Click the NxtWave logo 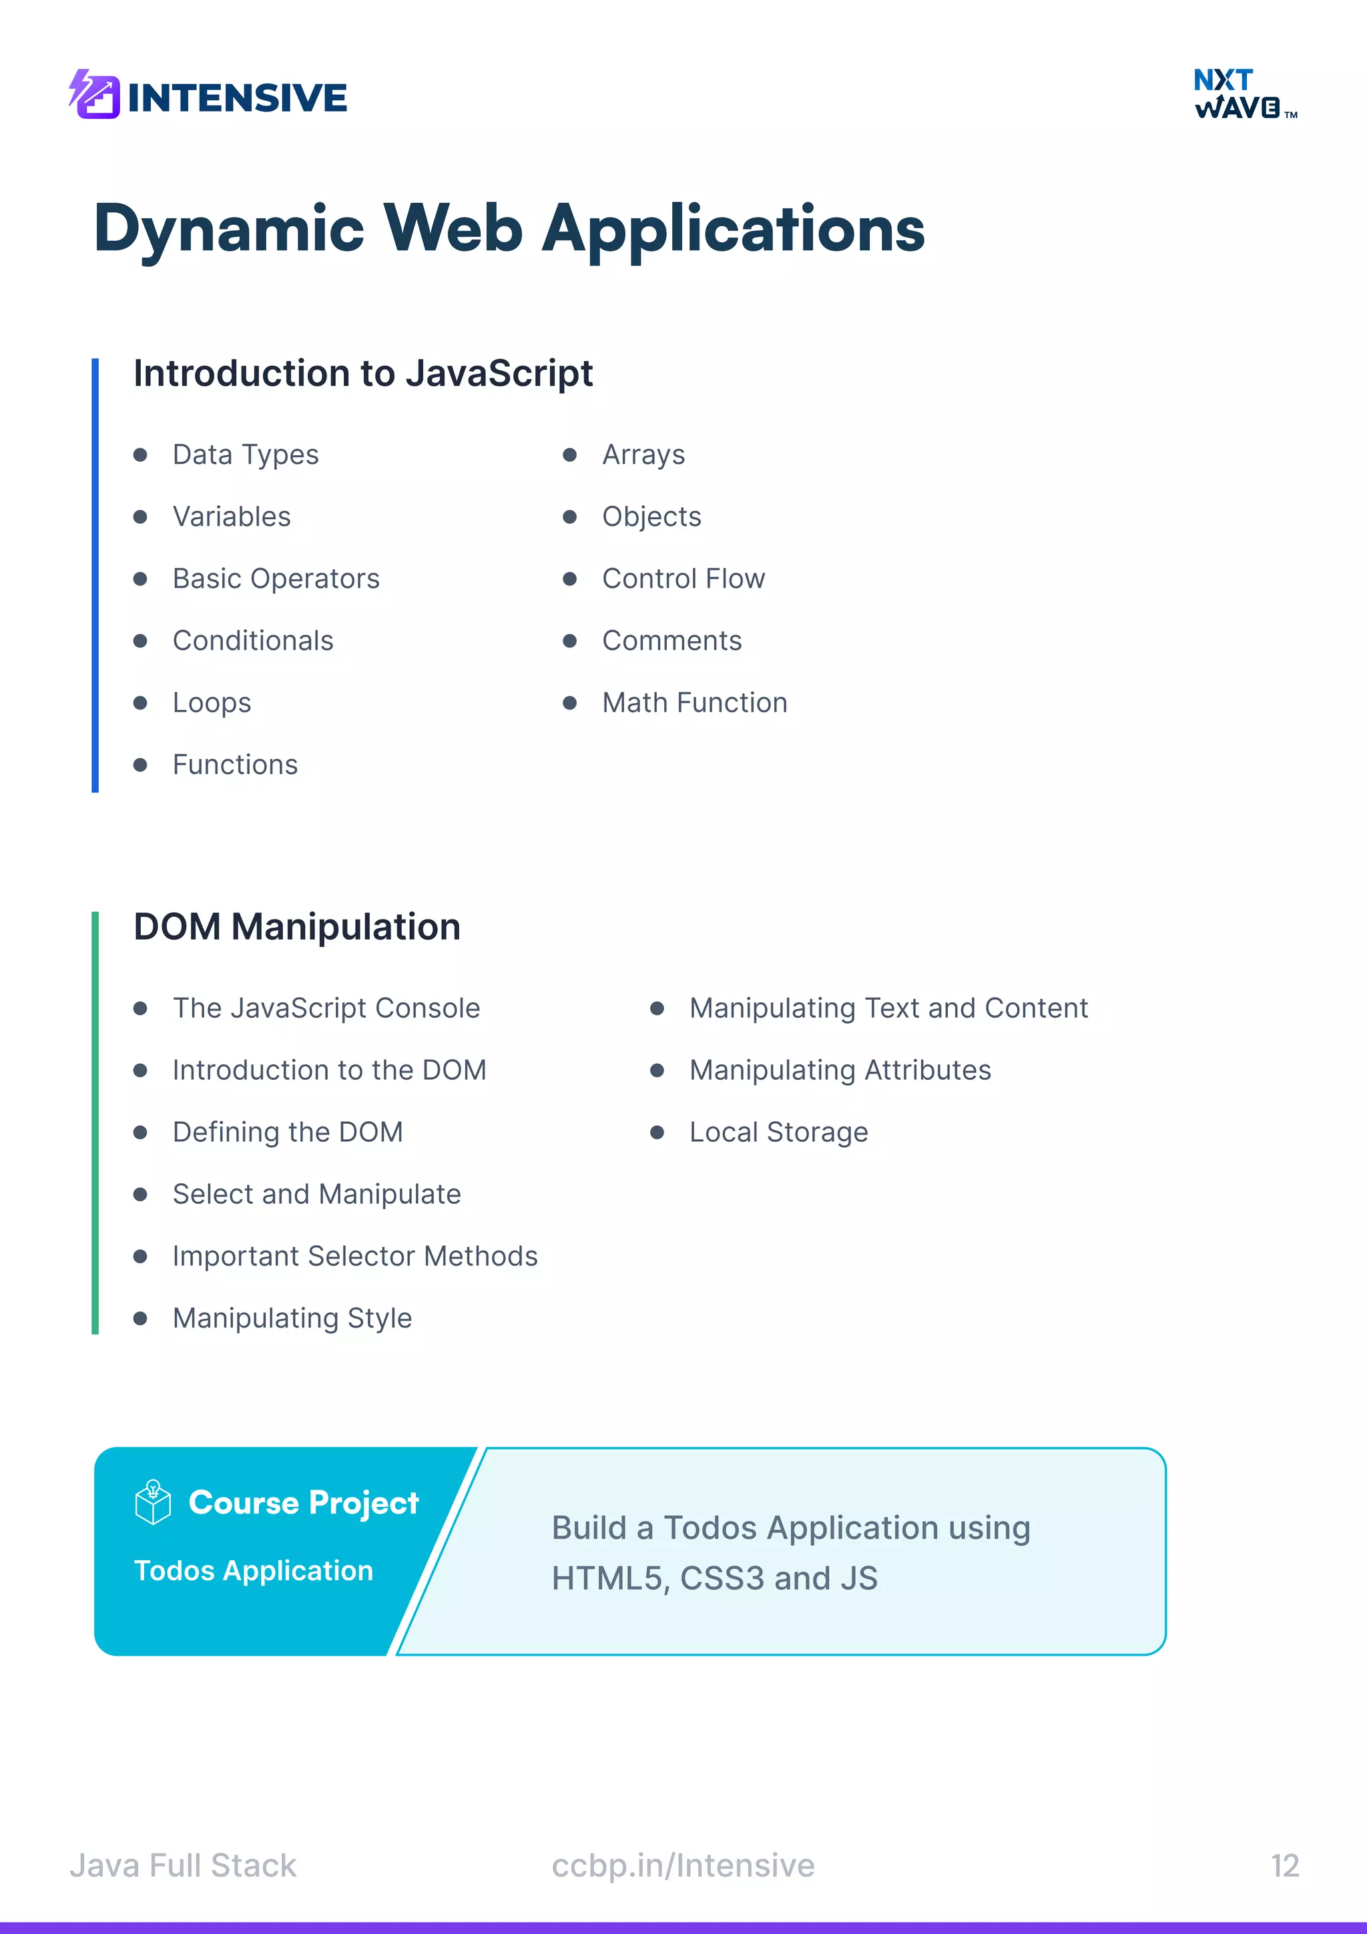click(x=1244, y=93)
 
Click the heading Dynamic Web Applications click(x=509, y=229)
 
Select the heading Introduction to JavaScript click(x=363, y=373)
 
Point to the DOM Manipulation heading click(x=297, y=926)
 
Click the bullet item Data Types click(x=245, y=455)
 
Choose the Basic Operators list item click(x=276, y=579)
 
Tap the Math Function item click(x=694, y=703)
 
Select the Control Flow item click(x=683, y=579)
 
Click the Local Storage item click(x=778, y=1132)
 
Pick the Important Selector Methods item click(x=354, y=1256)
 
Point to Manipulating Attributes click(x=840, y=1070)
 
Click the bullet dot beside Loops click(x=141, y=703)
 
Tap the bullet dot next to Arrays click(x=570, y=455)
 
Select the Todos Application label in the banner click(x=254, y=1571)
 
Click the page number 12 click(x=1284, y=1866)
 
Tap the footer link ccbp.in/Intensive click(x=683, y=1866)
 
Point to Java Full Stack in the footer click(x=183, y=1866)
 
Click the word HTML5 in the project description click(x=605, y=1578)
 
